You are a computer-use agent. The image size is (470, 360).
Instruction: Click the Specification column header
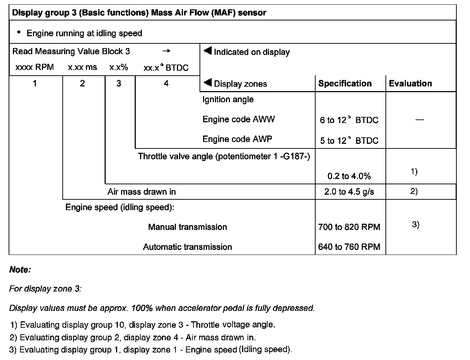345,84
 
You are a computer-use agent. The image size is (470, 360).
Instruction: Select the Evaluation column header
410,84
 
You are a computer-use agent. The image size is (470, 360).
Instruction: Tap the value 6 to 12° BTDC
349,120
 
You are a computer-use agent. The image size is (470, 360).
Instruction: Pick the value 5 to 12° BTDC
349,141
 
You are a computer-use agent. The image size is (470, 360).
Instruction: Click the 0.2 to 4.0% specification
349,176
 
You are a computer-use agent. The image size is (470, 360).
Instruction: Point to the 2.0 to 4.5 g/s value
349,192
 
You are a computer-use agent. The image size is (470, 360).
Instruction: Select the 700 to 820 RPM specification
349,227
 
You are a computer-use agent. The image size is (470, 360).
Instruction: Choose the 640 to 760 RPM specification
349,247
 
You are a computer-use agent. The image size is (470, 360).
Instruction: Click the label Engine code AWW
239,119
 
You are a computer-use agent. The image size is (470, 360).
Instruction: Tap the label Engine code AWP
237,139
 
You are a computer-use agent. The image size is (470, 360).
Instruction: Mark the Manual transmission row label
187,227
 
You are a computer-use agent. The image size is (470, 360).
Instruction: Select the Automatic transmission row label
187,247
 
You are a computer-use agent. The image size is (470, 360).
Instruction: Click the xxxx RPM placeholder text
34,67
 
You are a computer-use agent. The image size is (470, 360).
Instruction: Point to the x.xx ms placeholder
82,67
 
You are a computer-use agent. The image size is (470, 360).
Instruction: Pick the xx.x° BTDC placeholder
166,68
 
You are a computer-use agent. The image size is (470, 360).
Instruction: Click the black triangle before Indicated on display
208,51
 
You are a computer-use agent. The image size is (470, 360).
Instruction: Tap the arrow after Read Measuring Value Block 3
166,51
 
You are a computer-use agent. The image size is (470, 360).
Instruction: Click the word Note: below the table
20,270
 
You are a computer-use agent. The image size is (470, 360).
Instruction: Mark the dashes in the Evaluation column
419,120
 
